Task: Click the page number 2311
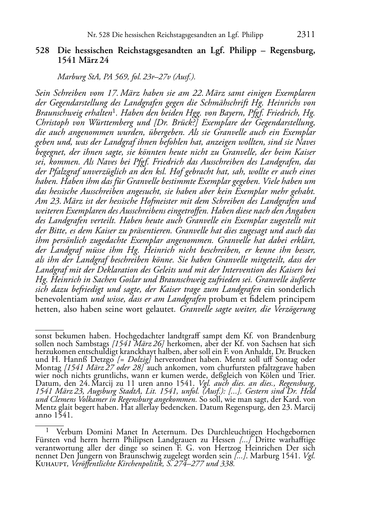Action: point(306,35)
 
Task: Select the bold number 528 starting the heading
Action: point(42,51)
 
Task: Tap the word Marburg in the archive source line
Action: point(71,77)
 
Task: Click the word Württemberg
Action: point(121,123)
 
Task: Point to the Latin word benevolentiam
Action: point(62,299)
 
